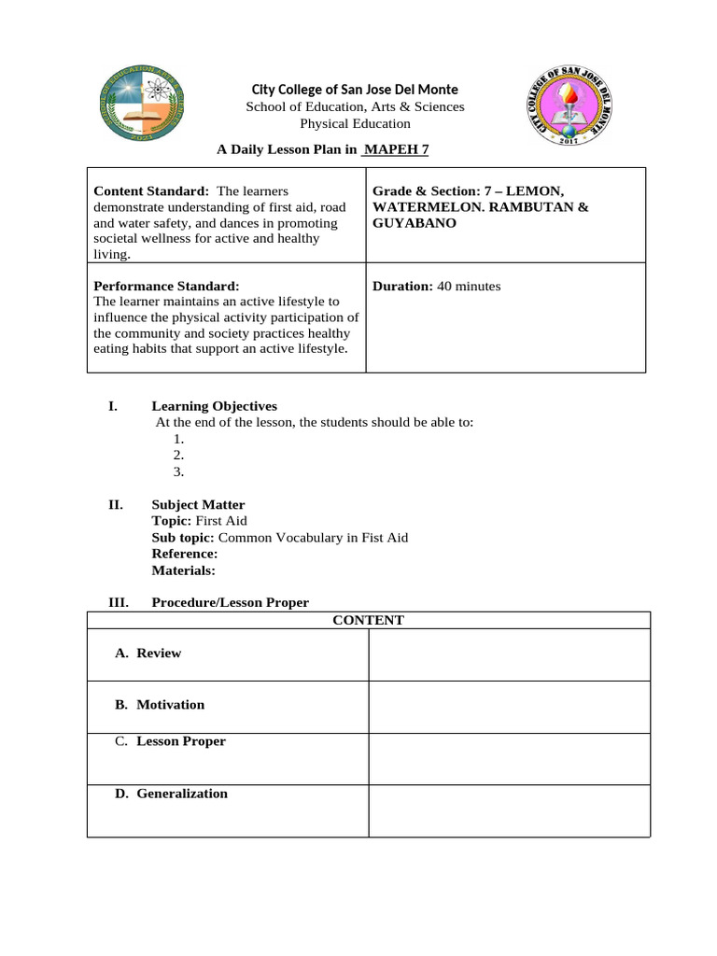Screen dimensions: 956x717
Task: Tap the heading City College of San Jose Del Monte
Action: [355, 90]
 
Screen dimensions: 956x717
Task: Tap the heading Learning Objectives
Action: [214, 406]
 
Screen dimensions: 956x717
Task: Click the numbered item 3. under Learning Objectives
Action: [178, 471]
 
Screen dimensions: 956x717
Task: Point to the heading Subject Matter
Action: [198, 505]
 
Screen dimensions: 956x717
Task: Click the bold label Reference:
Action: [185, 554]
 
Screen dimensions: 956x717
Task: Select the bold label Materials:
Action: [183, 569]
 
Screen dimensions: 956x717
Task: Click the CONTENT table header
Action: [368, 620]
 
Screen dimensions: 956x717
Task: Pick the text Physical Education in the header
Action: [355, 123]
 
